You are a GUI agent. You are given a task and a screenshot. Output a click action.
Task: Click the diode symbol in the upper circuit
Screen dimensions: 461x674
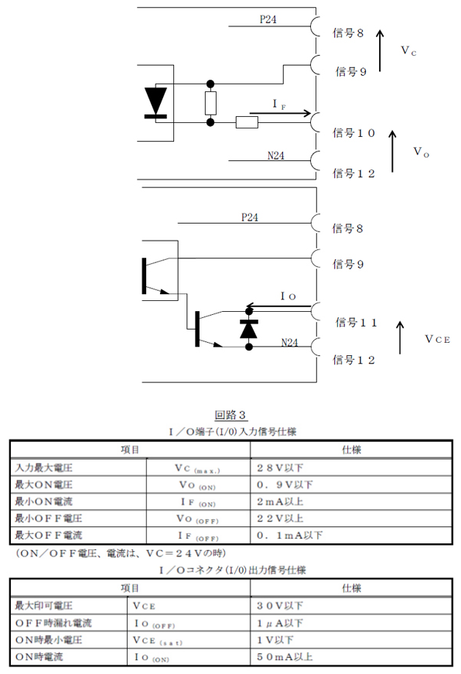(155, 102)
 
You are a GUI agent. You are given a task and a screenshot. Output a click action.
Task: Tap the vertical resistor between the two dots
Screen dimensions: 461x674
(210, 103)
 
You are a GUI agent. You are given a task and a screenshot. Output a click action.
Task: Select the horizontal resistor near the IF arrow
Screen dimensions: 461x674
(247, 122)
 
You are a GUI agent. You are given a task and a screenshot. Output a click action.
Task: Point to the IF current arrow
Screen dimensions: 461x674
(280, 114)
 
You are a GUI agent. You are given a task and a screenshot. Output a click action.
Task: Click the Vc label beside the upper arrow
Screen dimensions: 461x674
(408, 51)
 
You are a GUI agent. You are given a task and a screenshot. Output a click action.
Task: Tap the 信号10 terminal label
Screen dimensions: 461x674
(353, 133)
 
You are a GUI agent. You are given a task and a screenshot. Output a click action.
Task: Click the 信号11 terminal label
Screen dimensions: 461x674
(356, 323)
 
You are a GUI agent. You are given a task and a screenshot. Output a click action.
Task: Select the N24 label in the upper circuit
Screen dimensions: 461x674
(276, 156)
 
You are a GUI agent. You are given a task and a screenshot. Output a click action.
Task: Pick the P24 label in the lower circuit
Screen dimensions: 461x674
(250, 217)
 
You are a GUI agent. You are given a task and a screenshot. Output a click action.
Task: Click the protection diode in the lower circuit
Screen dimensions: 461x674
(249, 329)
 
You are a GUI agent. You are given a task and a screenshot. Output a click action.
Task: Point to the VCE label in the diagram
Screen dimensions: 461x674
(437, 339)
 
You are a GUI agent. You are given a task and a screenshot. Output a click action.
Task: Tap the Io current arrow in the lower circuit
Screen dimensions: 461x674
(278, 306)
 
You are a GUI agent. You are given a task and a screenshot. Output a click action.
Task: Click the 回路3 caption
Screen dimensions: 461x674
(230, 415)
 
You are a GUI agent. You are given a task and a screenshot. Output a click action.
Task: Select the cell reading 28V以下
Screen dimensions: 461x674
(280, 467)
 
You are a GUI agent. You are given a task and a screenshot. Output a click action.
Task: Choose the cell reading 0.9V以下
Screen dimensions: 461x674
(285, 485)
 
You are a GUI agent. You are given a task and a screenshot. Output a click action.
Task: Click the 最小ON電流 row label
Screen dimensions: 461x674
(44, 501)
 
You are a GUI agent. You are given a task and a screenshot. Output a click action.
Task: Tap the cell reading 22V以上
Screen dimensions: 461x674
(280, 518)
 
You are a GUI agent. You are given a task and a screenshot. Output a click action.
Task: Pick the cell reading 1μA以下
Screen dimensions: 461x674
(280, 623)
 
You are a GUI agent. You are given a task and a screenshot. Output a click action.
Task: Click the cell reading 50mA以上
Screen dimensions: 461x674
(285, 657)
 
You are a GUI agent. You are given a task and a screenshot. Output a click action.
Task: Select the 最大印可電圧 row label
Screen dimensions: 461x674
(44, 606)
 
